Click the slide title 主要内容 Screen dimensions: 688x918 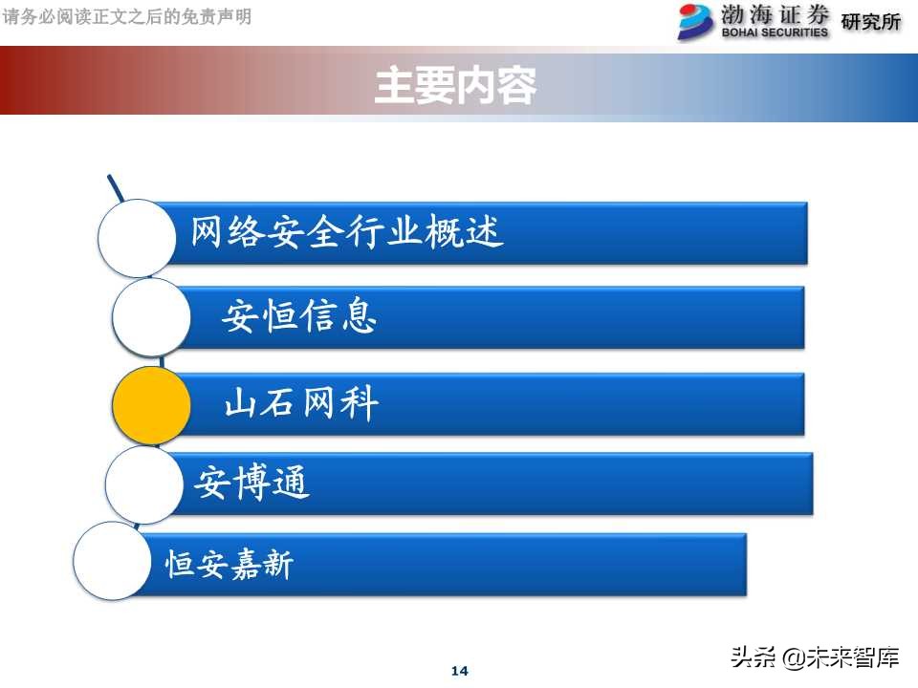(455, 86)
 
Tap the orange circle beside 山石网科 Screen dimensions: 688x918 (151, 405)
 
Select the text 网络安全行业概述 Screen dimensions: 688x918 (347, 232)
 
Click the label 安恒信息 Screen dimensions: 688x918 (299, 315)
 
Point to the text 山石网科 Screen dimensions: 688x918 (301, 404)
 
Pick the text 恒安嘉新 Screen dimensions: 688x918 (229, 565)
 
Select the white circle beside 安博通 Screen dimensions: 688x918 (143, 484)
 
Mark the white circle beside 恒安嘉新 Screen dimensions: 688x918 (113, 561)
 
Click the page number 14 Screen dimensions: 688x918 (459, 671)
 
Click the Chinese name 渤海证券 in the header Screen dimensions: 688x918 (775, 14)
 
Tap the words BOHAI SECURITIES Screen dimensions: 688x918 (775, 32)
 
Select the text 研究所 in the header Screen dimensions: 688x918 (870, 22)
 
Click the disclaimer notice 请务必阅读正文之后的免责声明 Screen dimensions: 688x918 (128, 16)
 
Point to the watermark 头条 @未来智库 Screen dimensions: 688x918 (815, 657)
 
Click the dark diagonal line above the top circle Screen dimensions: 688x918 (116, 188)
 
